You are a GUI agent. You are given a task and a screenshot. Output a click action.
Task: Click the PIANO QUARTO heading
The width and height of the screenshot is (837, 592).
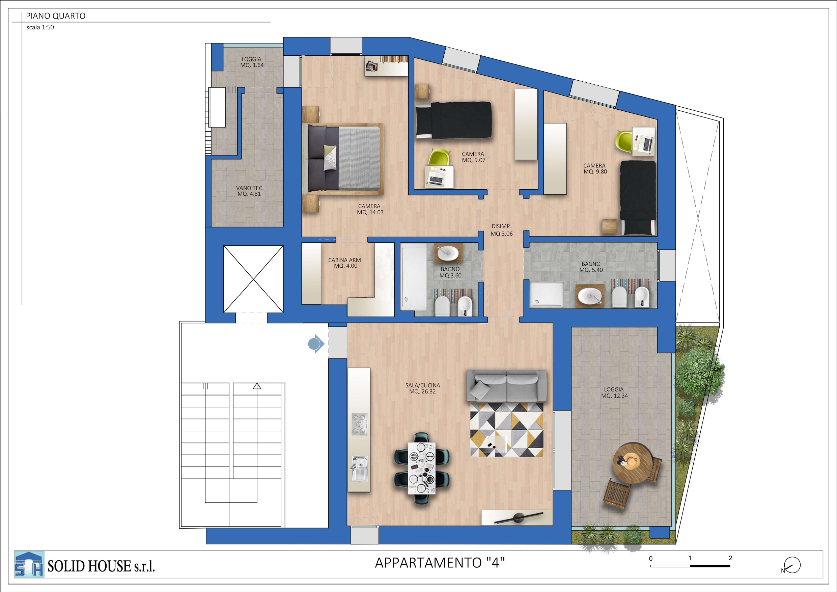click(x=55, y=16)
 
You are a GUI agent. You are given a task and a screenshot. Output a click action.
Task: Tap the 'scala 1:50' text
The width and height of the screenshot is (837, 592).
click(x=40, y=27)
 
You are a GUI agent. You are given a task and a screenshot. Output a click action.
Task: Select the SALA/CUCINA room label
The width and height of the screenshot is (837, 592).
click(x=422, y=388)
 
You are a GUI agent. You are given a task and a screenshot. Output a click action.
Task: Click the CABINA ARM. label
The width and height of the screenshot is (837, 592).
click(x=345, y=263)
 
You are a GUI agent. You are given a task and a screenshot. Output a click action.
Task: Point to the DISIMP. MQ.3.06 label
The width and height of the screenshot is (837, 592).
click(x=502, y=230)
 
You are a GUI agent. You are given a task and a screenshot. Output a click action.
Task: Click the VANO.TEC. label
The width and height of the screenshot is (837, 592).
click(x=250, y=191)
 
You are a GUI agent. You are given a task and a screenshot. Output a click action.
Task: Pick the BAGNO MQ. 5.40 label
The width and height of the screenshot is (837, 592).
click(x=591, y=267)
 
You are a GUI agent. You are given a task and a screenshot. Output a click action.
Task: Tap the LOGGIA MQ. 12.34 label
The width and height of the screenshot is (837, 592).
click(x=614, y=393)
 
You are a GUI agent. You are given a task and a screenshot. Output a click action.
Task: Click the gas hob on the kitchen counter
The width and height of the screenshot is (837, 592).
click(x=359, y=424)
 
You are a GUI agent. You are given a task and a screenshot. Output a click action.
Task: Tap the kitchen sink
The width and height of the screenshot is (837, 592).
click(x=359, y=468)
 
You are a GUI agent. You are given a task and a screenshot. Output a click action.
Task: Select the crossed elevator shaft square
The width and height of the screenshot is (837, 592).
click(x=253, y=279)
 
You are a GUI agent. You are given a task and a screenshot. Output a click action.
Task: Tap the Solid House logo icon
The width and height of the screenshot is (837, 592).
click(x=29, y=564)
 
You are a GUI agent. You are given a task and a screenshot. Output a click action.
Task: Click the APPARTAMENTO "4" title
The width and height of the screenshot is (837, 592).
click(x=440, y=563)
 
